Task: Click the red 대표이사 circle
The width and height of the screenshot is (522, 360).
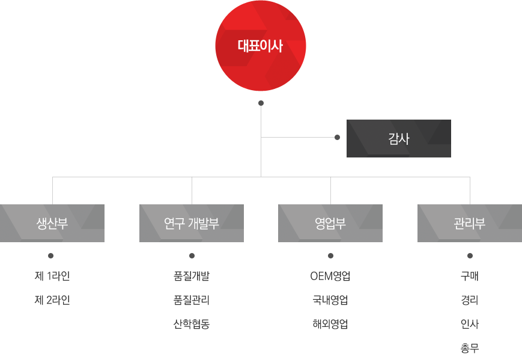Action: click(261, 46)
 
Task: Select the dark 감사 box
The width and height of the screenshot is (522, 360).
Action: click(398, 138)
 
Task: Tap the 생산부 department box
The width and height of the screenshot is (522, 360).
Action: click(52, 224)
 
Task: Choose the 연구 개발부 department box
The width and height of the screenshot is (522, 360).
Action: click(192, 224)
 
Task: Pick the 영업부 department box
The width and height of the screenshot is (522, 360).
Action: click(330, 224)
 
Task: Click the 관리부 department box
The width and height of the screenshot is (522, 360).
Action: click(470, 224)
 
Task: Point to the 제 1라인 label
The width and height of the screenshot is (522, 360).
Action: click(52, 276)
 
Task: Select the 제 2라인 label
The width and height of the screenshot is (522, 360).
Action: click(52, 300)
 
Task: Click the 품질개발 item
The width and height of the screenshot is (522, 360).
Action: click(192, 276)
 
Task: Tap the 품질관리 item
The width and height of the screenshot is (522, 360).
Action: click(192, 300)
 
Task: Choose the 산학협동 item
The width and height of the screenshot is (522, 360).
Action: click(192, 324)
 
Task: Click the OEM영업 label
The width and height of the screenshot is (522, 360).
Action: click(330, 276)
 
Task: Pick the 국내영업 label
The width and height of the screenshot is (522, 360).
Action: click(330, 300)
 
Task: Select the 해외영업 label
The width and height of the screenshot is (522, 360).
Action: click(330, 324)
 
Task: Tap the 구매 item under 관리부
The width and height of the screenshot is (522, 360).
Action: click(470, 276)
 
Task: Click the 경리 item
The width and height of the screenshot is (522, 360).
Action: click(470, 300)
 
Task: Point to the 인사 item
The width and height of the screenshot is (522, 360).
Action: click(470, 324)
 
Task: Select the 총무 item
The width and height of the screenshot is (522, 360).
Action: click(470, 348)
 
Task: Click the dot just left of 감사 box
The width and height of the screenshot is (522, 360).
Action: click(337, 138)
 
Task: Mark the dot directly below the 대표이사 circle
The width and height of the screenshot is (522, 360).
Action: click(261, 103)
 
